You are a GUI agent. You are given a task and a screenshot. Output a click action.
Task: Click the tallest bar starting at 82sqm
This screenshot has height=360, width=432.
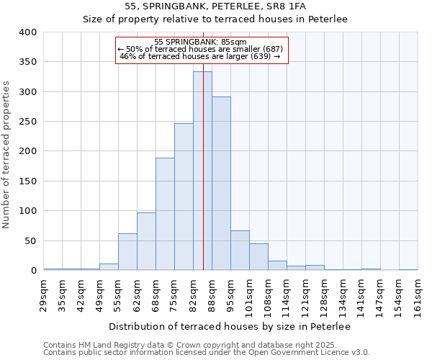(202, 171)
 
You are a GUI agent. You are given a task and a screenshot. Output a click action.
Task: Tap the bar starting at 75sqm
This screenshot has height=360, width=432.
(184, 197)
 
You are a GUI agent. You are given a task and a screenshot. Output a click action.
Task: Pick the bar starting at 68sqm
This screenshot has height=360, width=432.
(165, 214)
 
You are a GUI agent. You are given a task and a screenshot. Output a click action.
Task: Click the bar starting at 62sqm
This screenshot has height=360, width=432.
(146, 241)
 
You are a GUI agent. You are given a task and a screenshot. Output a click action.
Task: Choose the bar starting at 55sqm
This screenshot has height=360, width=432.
(127, 252)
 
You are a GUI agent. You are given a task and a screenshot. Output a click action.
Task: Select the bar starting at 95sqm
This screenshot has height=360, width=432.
(240, 251)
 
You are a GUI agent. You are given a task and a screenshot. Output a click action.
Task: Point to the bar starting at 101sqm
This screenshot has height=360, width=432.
(258, 257)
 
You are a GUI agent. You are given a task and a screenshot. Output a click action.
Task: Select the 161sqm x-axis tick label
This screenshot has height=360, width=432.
(418, 296)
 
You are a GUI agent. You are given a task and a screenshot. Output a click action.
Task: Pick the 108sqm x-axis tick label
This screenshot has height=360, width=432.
(268, 296)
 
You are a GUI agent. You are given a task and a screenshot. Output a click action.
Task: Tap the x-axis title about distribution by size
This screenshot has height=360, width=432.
(230, 327)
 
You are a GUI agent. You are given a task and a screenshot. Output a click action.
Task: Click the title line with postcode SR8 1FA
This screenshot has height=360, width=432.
(215, 6)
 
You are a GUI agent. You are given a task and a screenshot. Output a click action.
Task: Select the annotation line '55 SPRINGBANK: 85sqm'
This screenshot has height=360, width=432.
(201, 42)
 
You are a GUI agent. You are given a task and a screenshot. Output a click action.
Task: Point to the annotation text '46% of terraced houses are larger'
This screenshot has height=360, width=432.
(199, 56)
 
